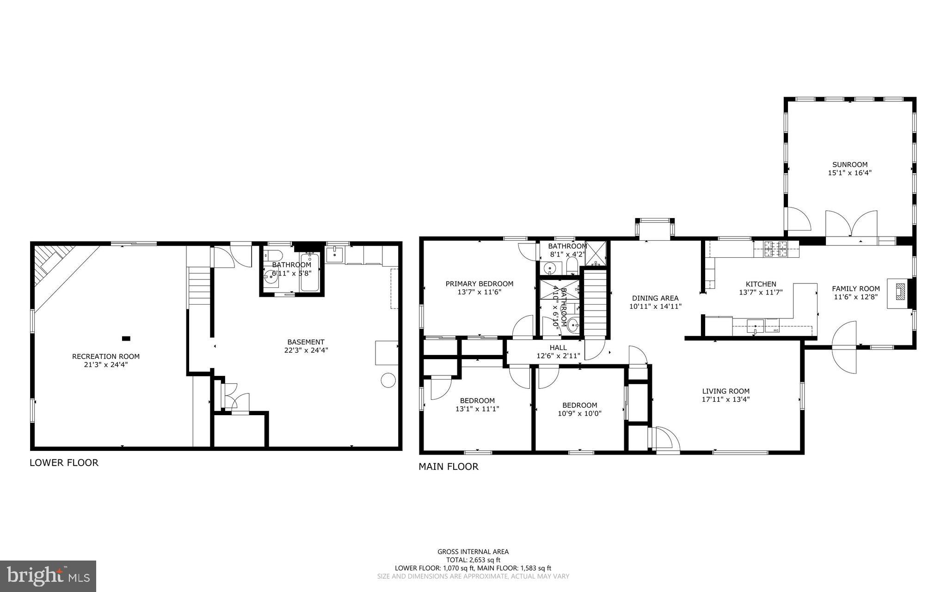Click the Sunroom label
tap(849, 164)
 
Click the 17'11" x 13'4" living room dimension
tap(726, 399)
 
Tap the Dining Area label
tap(655, 298)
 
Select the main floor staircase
tap(595, 303)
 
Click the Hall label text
tap(558, 348)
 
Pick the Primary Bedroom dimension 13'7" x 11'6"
tap(479, 292)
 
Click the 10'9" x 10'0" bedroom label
tap(579, 414)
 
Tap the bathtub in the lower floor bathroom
tap(310, 273)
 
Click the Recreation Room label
tap(105, 356)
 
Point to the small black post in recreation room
tap(126, 338)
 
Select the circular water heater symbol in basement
tap(388, 380)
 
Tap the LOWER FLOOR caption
tap(64, 462)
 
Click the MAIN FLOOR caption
tap(448, 467)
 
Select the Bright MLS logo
tap(48, 576)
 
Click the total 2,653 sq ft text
tap(473, 560)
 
